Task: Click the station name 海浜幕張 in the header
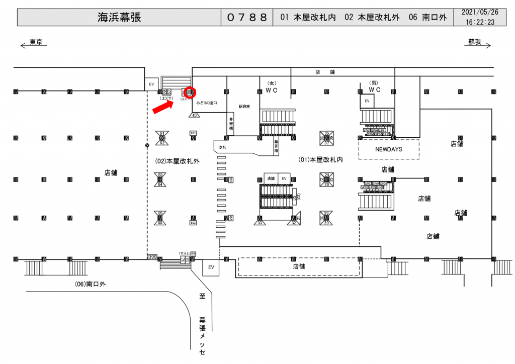119,18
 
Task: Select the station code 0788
246,18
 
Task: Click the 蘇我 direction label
475,42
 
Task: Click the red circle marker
190,92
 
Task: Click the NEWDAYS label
389,150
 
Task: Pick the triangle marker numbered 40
195,115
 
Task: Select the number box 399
152,257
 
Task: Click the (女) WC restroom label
272,86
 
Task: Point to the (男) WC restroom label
374,86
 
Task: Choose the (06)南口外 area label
91,284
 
